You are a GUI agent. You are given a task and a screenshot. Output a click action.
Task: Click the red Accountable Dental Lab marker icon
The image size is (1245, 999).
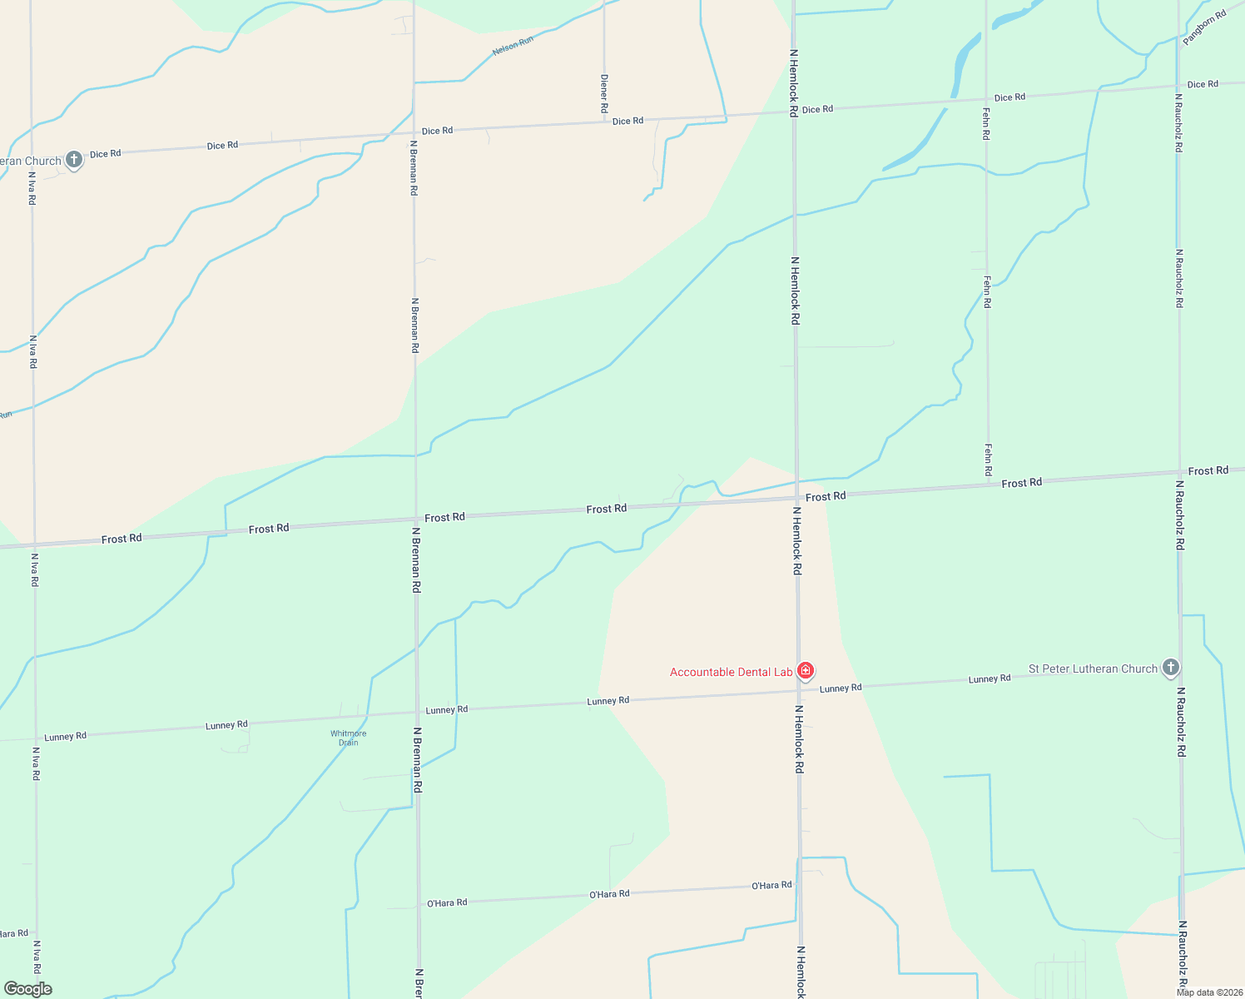click(x=805, y=670)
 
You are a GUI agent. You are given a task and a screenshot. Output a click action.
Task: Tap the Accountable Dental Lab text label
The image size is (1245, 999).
click(x=731, y=672)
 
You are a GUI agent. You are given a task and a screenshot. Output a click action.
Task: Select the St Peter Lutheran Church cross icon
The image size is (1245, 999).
click(x=1171, y=667)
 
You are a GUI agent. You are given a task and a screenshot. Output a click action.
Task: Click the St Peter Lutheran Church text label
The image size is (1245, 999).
click(x=1093, y=668)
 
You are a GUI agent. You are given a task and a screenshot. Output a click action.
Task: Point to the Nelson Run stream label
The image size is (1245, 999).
click(x=513, y=46)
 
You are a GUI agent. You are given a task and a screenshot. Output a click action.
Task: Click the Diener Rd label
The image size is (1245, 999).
click(x=604, y=93)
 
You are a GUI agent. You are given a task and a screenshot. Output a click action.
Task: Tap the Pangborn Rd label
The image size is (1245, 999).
click(x=1204, y=27)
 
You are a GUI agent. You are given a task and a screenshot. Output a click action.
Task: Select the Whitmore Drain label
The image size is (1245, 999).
click(x=348, y=738)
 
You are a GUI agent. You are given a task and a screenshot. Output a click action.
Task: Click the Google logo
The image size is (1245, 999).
click(x=27, y=989)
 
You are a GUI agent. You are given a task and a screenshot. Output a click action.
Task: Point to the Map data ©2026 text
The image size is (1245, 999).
click(x=1209, y=992)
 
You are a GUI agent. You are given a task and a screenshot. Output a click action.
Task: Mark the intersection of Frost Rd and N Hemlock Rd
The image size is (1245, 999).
click(x=796, y=499)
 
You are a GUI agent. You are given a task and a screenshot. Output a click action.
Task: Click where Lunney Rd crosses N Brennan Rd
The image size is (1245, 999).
click(x=417, y=713)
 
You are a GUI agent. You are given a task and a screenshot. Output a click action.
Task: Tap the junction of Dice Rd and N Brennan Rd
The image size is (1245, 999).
click(x=414, y=132)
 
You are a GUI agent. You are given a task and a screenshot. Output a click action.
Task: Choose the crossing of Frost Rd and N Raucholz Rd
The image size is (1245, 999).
click(x=1179, y=474)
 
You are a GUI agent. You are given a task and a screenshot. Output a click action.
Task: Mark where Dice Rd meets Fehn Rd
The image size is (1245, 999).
click(x=986, y=100)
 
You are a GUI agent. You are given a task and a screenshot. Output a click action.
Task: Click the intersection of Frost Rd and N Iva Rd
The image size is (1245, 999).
click(x=34, y=544)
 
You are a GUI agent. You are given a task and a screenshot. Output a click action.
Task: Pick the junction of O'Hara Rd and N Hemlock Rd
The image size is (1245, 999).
click(x=799, y=884)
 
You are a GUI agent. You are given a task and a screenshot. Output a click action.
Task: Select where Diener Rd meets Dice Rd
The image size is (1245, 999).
click(x=604, y=122)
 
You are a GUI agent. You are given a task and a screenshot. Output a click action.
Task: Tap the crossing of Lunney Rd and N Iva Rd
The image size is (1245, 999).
click(x=35, y=739)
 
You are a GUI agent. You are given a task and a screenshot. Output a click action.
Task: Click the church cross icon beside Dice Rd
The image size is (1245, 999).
click(x=74, y=159)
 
